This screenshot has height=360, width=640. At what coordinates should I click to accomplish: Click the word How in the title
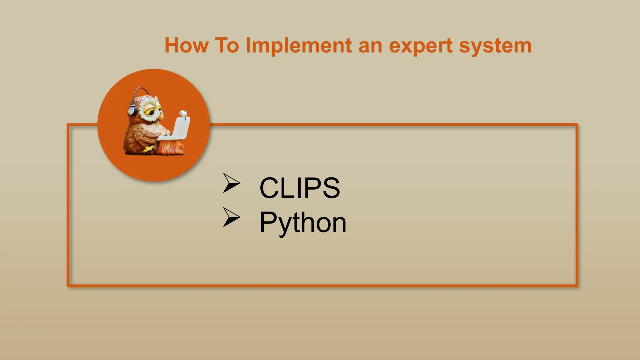tap(187, 46)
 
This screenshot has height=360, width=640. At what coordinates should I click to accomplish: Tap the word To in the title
tap(227, 46)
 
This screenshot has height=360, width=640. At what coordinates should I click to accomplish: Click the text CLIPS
tap(299, 188)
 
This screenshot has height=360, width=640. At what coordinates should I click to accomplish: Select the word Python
tap(302, 223)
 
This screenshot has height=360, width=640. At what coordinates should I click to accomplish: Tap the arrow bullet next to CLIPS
tap(231, 183)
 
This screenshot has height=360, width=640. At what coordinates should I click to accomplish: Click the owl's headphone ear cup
tap(132, 111)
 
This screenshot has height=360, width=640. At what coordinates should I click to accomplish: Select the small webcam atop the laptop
tap(183, 113)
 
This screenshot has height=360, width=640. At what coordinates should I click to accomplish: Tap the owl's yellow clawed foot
tap(149, 150)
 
